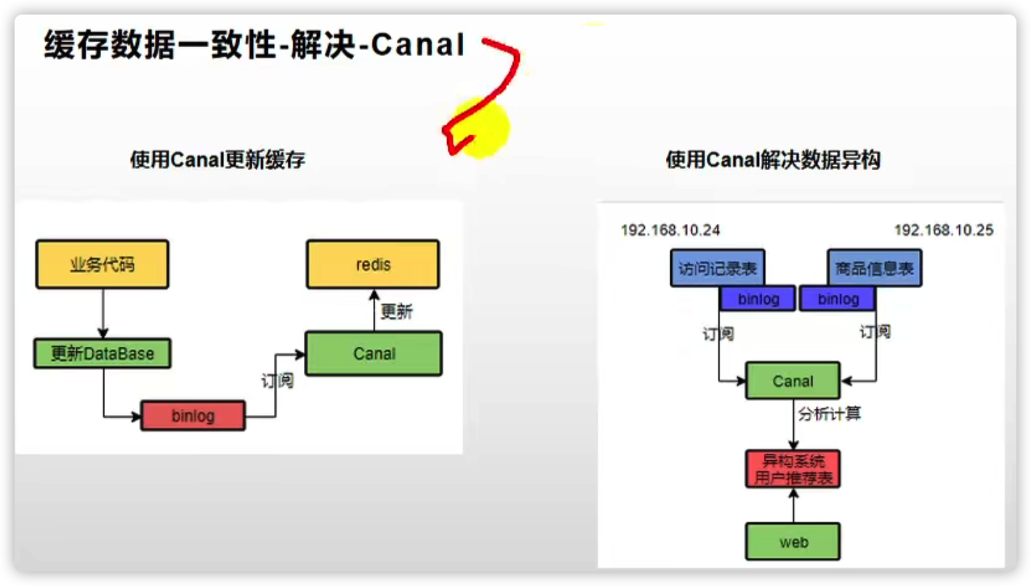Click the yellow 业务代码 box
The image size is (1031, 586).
tap(102, 265)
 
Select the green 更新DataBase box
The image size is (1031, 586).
tap(103, 354)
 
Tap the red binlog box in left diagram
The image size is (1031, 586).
tap(193, 417)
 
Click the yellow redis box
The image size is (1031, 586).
tap(372, 265)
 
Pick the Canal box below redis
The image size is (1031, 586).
tap(374, 354)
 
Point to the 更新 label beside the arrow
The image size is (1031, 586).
tap(396, 312)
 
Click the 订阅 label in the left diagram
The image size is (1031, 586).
tap(277, 380)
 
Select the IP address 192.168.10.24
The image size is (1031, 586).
tap(670, 230)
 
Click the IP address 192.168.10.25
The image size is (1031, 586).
tap(943, 230)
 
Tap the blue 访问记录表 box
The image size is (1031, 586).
tap(718, 269)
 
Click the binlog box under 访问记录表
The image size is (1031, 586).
tap(758, 299)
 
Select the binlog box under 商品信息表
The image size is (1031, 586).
tap(838, 299)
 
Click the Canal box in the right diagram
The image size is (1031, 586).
tap(793, 381)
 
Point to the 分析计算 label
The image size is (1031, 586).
tap(830, 414)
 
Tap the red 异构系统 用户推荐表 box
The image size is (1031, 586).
tap(793, 469)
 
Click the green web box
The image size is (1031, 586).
tap(793, 542)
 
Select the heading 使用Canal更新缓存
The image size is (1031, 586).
tap(217, 160)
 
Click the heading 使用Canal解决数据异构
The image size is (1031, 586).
tap(772, 160)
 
